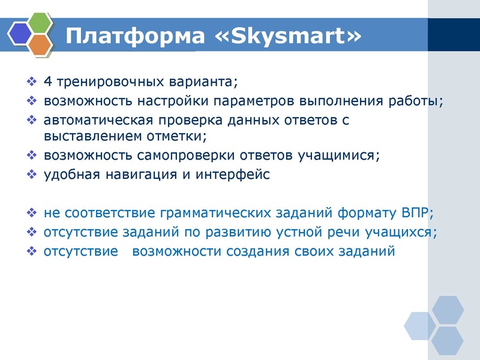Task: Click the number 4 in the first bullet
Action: tap(47, 81)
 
